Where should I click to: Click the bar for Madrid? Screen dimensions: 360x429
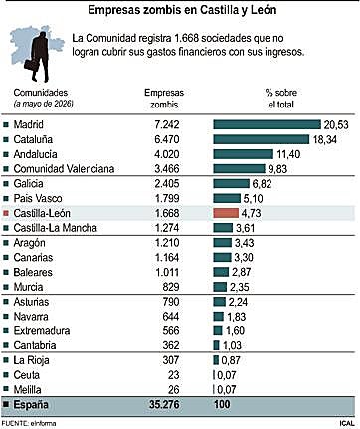(268, 124)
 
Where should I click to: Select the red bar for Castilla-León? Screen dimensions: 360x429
(226, 213)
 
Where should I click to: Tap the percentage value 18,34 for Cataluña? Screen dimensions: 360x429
(325, 139)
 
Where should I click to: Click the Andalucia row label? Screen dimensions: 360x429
(35, 154)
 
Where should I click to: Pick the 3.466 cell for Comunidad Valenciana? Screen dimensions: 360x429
(167, 169)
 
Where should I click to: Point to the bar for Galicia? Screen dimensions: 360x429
(231, 183)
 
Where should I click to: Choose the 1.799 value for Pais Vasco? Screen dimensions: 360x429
(167, 198)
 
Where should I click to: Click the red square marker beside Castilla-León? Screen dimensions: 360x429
(6, 213)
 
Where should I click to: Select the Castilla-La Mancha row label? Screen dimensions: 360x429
(56, 228)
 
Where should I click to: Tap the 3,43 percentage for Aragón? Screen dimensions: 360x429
(245, 243)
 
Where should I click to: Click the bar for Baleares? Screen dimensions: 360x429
(221, 272)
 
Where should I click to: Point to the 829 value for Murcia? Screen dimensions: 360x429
(171, 287)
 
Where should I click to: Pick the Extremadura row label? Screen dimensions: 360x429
(42, 330)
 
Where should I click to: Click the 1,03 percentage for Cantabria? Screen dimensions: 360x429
(232, 345)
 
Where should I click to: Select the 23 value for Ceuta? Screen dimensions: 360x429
(173, 375)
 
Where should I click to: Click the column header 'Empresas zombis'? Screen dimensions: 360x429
(164, 99)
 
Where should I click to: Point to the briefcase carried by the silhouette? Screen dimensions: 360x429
(32, 64)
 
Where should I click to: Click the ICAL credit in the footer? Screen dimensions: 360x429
(347, 423)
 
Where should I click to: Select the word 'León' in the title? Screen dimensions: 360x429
(264, 10)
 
